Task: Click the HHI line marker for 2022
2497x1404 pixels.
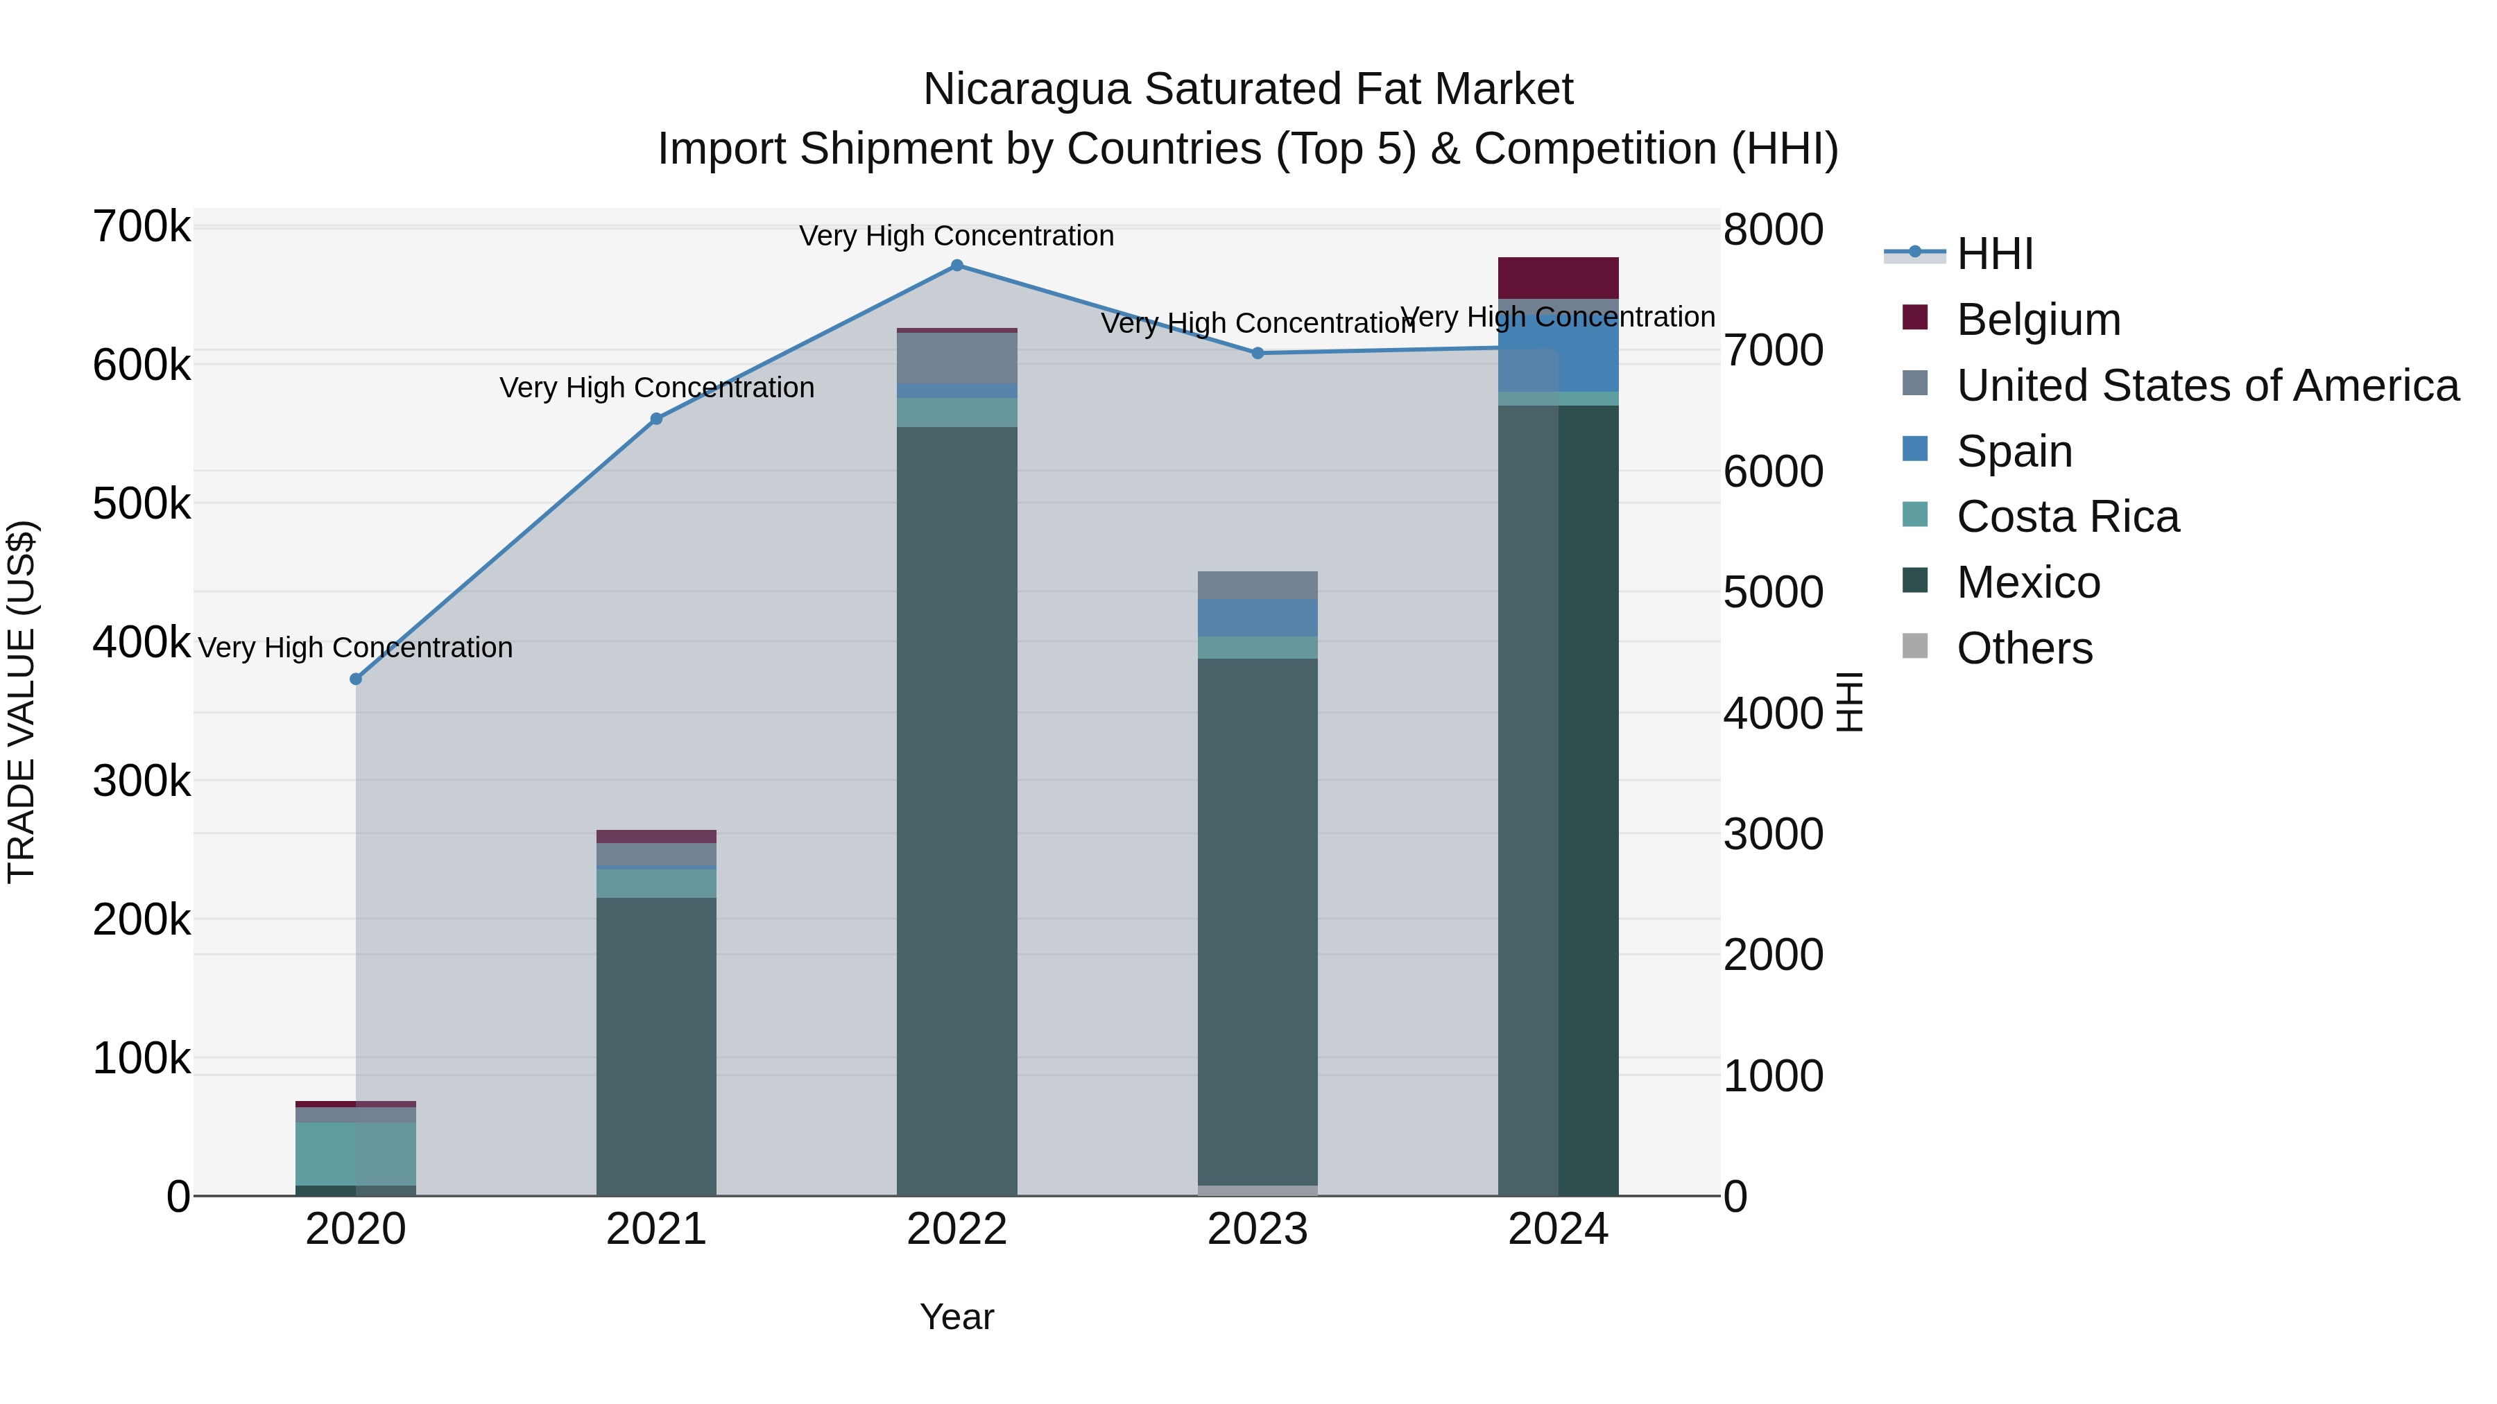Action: click(956, 266)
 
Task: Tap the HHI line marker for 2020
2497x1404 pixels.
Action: click(356, 679)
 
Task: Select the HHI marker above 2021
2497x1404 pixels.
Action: click(656, 419)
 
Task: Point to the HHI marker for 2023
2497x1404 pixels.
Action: click(1258, 354)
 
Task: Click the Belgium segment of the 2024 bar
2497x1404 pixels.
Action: click(1558, 278)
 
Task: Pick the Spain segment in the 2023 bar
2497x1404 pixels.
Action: click(1258, 618)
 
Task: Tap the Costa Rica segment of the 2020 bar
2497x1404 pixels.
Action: click(356, 1153)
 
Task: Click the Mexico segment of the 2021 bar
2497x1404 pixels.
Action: click(656, 1046)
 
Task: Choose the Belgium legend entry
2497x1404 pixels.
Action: click(2038, 320)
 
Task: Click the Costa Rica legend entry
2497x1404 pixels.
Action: click(2067, 517)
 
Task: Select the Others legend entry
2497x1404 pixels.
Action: click(2024, 648)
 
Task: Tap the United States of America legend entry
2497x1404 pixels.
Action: click(2206, 385)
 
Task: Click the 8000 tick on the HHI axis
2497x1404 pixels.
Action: click(1773, 231)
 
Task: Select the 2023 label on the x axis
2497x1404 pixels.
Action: click(1258, 1229)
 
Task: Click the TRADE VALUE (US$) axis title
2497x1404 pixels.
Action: click(22, 702)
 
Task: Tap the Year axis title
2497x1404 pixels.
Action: click(956, 1317)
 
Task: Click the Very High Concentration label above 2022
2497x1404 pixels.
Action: click(956, 236)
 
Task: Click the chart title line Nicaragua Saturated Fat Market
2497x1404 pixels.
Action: click(1248, 89)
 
